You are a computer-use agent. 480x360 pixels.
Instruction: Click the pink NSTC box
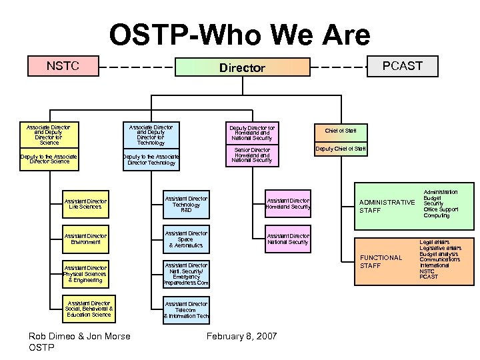(63, 66)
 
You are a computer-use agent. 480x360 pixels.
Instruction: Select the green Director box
(243, 67)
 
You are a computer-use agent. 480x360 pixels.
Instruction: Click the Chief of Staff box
(340, 131)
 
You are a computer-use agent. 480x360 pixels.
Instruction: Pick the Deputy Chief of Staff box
(340, 149)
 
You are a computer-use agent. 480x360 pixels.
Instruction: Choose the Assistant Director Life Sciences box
(85, 204)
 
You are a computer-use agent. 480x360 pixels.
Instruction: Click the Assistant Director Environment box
(85, 239)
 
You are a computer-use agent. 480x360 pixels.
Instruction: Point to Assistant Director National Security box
(287, 239)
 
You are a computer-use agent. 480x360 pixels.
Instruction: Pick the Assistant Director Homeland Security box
(287, 204)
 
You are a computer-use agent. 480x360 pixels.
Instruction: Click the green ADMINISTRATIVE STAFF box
(386, 206)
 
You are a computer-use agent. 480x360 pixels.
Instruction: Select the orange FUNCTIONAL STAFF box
(386, 261)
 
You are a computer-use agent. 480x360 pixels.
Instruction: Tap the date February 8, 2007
(243, 336)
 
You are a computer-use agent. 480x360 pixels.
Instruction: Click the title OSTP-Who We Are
(239, 35)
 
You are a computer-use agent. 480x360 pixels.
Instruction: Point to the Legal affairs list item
(434, 243)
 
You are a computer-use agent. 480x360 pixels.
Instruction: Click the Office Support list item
(441, 210)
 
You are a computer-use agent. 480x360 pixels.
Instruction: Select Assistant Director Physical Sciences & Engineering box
(85, 274)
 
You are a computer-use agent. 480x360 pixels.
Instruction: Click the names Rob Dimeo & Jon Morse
(79, 336)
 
